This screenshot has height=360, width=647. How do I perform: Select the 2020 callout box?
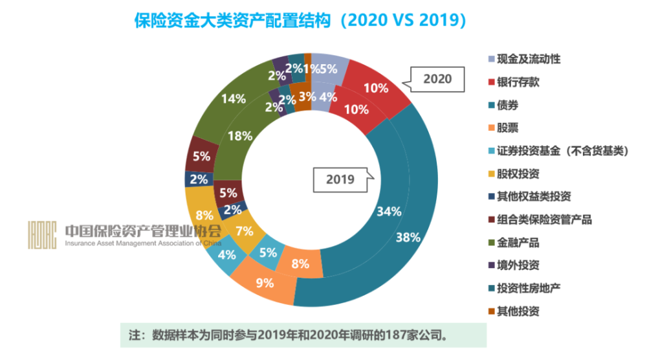point(437,80)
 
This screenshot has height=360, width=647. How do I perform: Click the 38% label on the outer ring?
point(408,237)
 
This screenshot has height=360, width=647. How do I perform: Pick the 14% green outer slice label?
point(233,99)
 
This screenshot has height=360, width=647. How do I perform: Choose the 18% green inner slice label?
point(240,136)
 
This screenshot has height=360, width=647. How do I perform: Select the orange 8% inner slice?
point(300,264)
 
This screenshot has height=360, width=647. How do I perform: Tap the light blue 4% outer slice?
point(226,254)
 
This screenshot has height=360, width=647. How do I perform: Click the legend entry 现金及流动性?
point(528,59)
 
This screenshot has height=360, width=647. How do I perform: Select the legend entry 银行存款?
point(518,82)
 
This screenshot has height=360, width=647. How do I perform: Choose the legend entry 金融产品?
point(518,243)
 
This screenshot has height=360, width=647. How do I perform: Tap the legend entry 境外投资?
point(518,265)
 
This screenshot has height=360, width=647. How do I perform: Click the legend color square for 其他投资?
point(491,311)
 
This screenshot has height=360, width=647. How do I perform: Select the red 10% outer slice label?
point(376,88)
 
